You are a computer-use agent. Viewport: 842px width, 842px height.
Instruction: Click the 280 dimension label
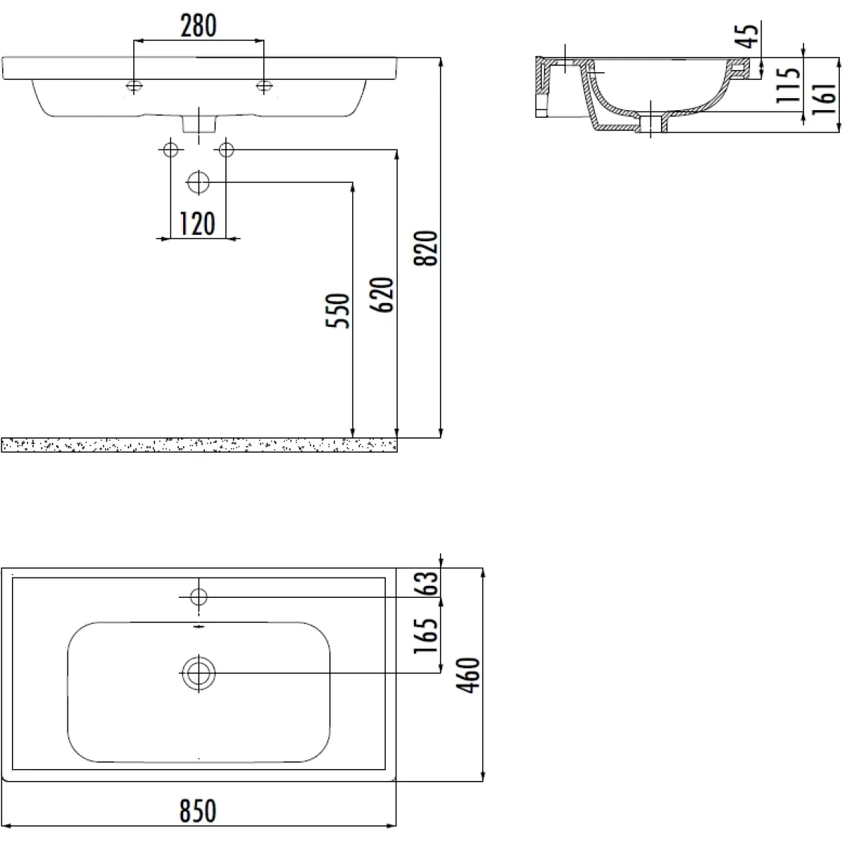199,26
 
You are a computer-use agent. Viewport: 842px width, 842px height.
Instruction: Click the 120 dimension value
197,224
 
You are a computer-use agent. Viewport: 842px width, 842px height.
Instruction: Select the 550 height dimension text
338,311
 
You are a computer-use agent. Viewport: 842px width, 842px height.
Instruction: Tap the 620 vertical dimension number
382,295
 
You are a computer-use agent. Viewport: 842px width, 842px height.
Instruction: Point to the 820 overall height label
425,248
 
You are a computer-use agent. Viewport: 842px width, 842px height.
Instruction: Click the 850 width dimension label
198,811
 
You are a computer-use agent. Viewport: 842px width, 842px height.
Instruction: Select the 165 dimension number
425,636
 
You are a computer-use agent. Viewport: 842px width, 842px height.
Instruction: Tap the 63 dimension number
425,583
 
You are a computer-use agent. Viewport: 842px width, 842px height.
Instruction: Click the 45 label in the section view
747,36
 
